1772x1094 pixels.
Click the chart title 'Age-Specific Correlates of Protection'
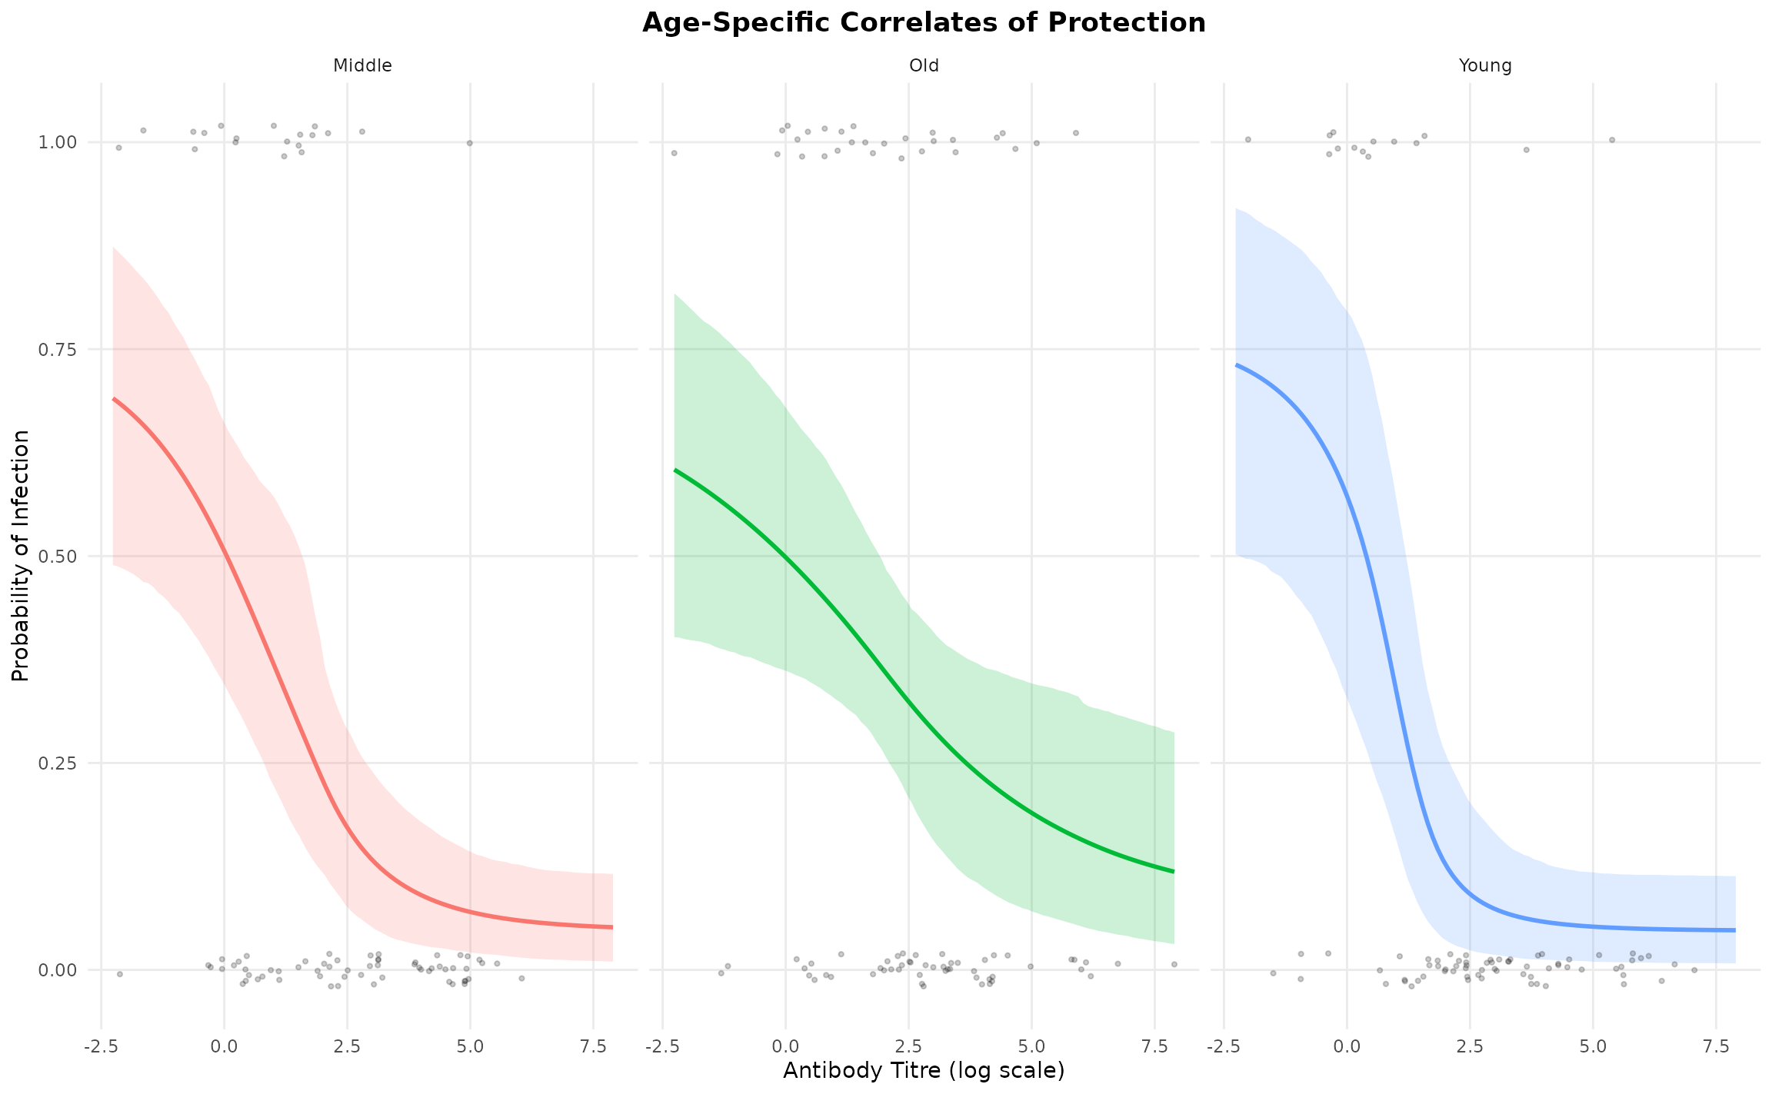(x=924, y=23)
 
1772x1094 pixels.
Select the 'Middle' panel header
(x=362, y=66)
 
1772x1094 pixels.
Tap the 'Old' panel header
(x=924, y=66)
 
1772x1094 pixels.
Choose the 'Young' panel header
(x=1485, y=66)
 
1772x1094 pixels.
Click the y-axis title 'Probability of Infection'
(x=21, y=556)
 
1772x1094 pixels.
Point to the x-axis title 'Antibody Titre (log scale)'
(x=924, y=1071)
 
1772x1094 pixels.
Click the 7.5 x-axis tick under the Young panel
(x=1716, y=1046)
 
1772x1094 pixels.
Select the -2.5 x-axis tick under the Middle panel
(x=101, y=1046)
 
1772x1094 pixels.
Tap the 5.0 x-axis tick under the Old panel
(x=1031, y=1046)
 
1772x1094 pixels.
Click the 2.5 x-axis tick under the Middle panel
(x=347, y=1046)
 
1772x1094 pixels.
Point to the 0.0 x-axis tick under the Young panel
(x=1347, y=1046)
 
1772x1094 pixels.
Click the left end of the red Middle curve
(x=114, y=399)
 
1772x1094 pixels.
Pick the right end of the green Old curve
(x=1174, y=871)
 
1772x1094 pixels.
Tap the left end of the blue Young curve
(x=1237, y=365)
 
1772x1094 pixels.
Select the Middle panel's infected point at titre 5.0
(x=469, y=143)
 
